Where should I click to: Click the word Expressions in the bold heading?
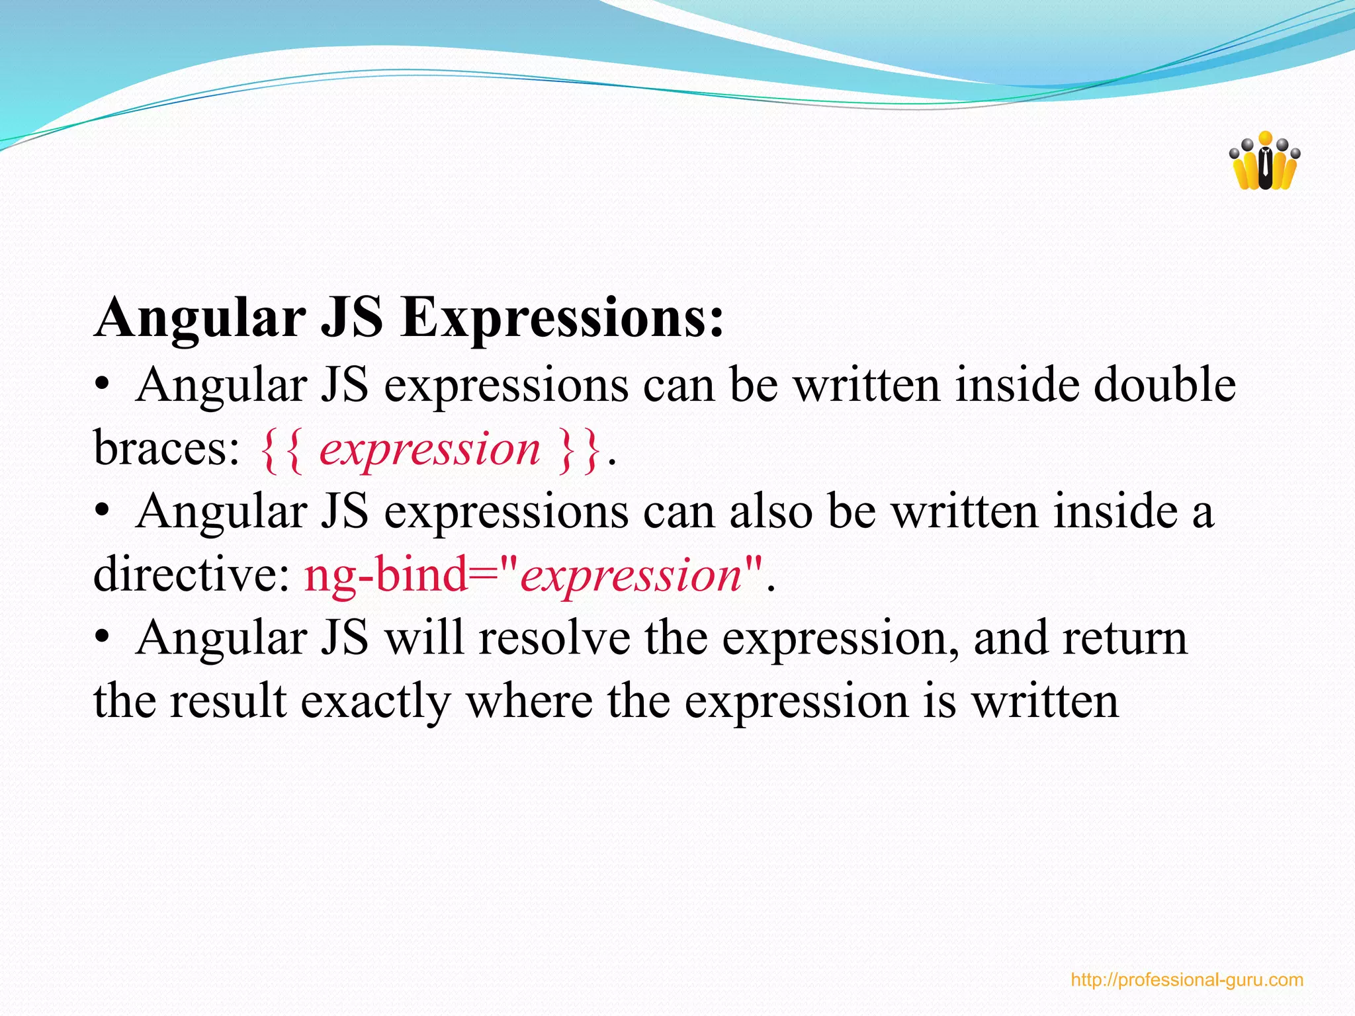coord(562,319)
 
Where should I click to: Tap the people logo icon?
coord(1264,162)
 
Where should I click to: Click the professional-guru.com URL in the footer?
coord(1187,980)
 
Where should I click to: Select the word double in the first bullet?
coord(1164,385)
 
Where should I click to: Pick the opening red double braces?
coord(282,450)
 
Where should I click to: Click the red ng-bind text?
coord(386,574)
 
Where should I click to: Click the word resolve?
coord(554,638)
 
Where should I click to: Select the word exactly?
coord(375,701)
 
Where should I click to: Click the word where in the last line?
coord(529,701)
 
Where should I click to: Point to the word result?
coord(228,701)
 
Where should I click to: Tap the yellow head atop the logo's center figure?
coord(1265,138)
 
